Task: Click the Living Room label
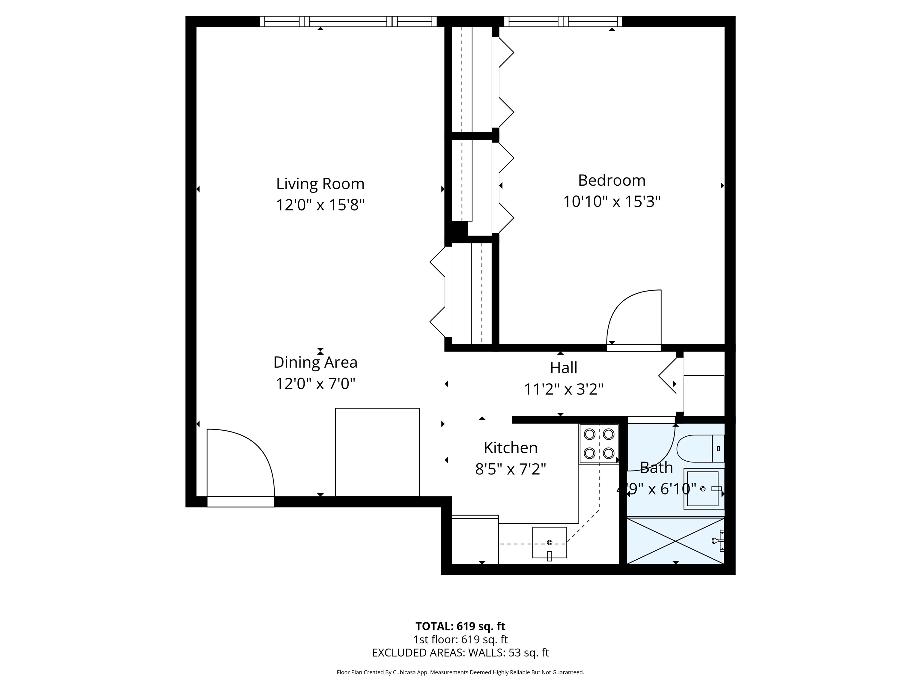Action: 320,184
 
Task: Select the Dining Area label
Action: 315,362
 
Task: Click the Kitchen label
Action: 511,448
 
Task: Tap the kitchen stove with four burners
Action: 599,444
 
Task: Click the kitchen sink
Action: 550,542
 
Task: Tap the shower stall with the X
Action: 676,541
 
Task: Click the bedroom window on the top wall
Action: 563,21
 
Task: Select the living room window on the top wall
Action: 348,21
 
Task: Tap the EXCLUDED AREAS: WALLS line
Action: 460,653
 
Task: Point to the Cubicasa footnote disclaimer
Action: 460,672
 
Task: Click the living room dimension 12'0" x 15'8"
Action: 320,205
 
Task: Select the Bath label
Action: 656,468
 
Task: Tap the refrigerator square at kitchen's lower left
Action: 475,540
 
